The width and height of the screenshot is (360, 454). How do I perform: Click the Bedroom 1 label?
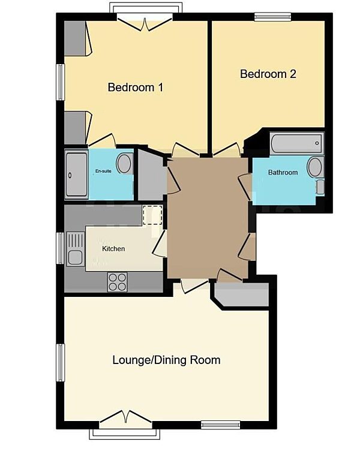[x=136, y=88]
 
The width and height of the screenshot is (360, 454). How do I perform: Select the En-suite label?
[x=103, y=172]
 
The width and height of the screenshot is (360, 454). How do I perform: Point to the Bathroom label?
[x=283, y=173]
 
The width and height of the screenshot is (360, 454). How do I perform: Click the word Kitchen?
[x=113, y=248]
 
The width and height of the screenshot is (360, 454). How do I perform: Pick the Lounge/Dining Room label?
[x=166, y=360]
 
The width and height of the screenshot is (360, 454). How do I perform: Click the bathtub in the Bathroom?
[x=296, y=144]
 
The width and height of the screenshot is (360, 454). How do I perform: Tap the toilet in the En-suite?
[x=125, y=164]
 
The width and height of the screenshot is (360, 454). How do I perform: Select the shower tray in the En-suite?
[x=76, y=174]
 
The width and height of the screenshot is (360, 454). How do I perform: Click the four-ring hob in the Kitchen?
[x=117, y=281]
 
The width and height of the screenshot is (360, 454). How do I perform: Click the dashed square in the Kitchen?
[x=152, y=215]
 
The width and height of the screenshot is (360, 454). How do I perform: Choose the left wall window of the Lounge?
[x=61, y=362]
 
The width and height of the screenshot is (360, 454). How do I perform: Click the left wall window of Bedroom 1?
[x=61, y=82]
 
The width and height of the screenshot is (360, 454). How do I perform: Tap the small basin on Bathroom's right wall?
[x=320, y=187]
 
